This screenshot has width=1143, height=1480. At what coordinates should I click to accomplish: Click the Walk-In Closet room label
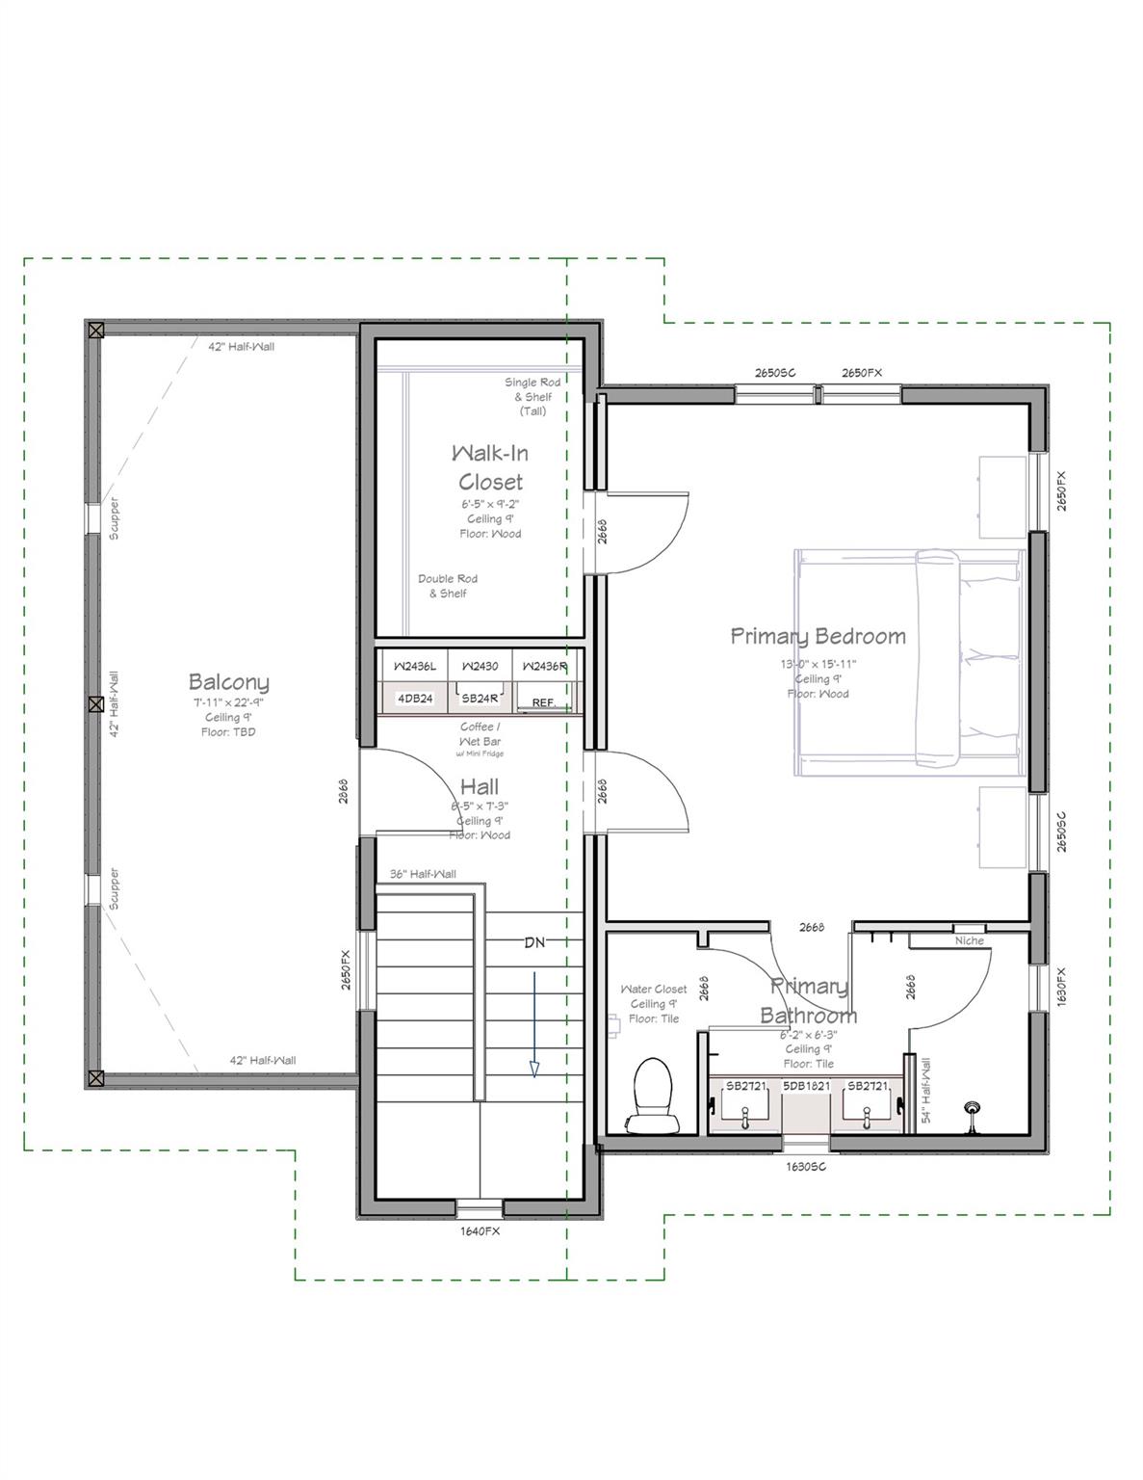coord(490,467)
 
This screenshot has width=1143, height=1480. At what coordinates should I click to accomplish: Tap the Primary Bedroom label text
coord(818,636)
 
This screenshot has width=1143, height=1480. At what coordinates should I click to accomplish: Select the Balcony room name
coord(228,682)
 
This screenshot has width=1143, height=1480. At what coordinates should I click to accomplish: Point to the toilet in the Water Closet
coord(650,1095)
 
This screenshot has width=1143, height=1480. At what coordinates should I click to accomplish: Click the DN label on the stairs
coord(534,942)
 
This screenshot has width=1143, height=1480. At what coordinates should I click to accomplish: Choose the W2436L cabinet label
coord(415,666)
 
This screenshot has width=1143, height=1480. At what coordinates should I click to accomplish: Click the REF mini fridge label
coord(543,702)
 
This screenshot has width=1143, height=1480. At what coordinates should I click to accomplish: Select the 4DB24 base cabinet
coord(415,699)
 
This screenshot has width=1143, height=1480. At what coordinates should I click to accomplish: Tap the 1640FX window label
coord(480,1230)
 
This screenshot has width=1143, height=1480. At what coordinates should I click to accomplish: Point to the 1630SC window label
coord(806,1166)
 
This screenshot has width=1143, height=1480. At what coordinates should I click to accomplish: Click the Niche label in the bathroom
coord(969,940)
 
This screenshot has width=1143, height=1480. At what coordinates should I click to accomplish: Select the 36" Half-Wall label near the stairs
coord(423,874)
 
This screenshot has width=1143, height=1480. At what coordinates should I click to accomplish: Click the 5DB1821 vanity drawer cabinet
coord(806,1086)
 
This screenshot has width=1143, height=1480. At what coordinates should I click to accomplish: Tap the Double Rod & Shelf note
coord(448,586)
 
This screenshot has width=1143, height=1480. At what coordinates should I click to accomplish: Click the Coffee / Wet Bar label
coord(480,734)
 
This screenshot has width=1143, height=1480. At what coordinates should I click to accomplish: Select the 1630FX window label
coord(1061,986)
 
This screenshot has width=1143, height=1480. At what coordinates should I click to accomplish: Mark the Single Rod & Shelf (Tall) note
coord(533,396)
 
